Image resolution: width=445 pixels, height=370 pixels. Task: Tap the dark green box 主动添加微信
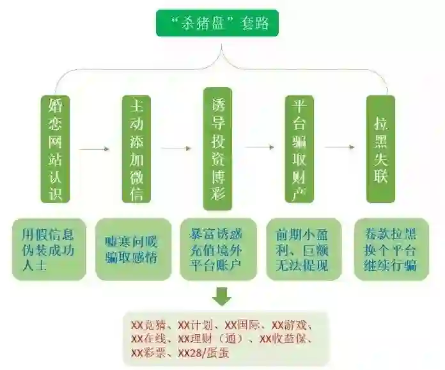[136, 149]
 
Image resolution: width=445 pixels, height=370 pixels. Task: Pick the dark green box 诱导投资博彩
[217, 149]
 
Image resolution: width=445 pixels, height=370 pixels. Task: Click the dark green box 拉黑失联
[380, 149]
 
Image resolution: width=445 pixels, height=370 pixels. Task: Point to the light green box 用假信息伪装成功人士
[49, 249]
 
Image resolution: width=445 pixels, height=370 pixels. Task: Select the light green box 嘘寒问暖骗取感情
[133, 249]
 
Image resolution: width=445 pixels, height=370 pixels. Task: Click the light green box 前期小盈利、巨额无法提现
[303, 249]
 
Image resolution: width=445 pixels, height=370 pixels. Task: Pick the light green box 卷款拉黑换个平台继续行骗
[391, 249]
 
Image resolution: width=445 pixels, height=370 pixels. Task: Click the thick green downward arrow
[222, 296]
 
